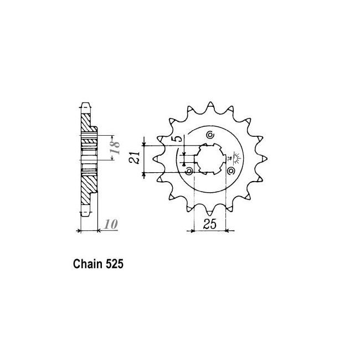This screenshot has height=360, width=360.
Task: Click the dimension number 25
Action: click(209, 224)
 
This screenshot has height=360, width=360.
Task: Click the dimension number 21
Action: click(135, 157)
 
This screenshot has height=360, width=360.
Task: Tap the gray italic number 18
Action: click(115, 147)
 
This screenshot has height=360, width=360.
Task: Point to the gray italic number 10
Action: click(111, 224)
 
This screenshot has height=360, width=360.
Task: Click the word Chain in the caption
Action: click(88, 264)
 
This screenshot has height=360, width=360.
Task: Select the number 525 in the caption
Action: click(114, 264)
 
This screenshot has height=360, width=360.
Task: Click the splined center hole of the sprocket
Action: click(210, 159)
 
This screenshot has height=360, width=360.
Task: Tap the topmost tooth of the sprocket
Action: click(210, 106)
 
